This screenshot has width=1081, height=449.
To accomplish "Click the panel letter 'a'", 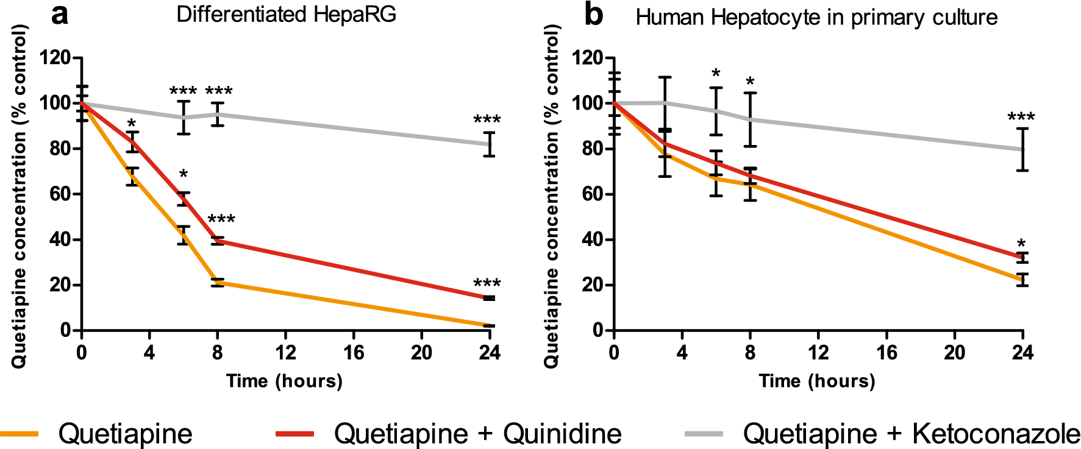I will point(59,15).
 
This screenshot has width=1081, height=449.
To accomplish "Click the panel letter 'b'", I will point(593,15).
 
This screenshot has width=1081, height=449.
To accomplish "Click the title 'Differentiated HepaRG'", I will point(286,14).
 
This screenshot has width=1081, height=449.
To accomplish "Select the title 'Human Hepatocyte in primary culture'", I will point(816,17).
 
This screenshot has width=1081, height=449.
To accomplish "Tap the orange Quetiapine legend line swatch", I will point(19,434).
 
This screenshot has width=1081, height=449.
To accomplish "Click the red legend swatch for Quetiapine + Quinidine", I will point(295,434).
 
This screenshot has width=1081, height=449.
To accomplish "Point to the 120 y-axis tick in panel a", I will point(55,58).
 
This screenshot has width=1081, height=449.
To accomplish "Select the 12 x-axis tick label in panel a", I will point(285,353).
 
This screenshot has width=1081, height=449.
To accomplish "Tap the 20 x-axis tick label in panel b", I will point(955,353).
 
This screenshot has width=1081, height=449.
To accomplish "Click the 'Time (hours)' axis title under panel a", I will point(284,381).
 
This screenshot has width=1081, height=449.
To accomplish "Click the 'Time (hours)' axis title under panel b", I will point(817,381).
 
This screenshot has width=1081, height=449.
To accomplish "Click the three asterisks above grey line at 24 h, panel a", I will point(487,120).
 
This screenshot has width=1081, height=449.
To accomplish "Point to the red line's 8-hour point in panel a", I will point(218,241).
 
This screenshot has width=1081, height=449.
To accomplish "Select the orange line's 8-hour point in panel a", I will point(218,283).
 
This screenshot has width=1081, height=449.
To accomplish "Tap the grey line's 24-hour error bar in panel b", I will point(1022,149).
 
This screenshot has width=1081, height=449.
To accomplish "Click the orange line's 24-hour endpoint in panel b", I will point(1022,280).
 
